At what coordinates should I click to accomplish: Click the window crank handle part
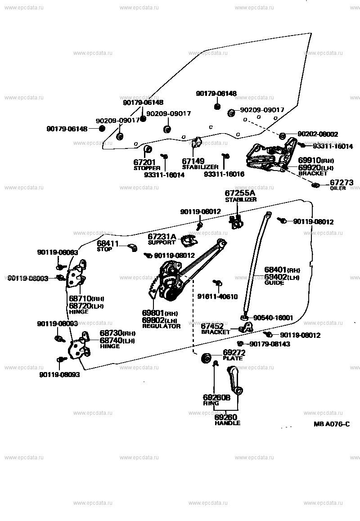click(x=234, y=380)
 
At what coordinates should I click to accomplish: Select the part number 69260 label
click(x=226, y=417)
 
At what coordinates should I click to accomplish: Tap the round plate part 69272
click(x=207, y=359)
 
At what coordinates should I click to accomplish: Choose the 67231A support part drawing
click(x=189, y=241)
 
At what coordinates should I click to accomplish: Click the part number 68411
click(x=108, y=243)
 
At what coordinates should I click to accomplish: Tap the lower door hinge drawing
click(x=77, y=346)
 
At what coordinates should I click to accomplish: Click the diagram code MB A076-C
click(x=332, y=424)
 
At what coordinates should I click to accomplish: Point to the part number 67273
click(x=342, y=183)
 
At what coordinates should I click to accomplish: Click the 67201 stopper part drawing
click(x=147, y=149)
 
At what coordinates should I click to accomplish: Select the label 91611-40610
click(x=217, y=296)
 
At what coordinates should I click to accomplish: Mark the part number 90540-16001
click(x=273, y=318)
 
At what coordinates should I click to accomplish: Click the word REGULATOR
click(x=161, y=326)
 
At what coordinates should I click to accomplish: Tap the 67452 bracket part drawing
click(x=245, y=328)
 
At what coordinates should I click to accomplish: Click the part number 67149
click(x=193, y=161)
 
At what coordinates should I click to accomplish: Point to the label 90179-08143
click(x=270, y=344)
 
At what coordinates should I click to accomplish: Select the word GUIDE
click(x=274, y=283)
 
